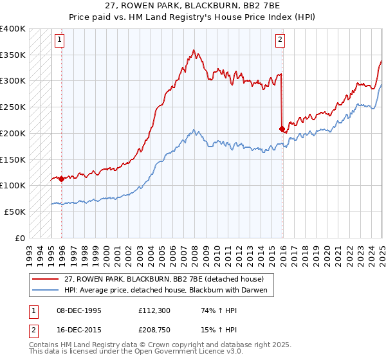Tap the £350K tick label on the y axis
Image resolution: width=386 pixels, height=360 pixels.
click(x=13, y=55)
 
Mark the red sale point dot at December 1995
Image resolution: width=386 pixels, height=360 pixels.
click(x=62, y=179)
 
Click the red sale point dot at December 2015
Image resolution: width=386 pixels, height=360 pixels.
click(x=282, y=129)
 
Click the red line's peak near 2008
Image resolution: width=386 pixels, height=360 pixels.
click(x=194, y=50)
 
